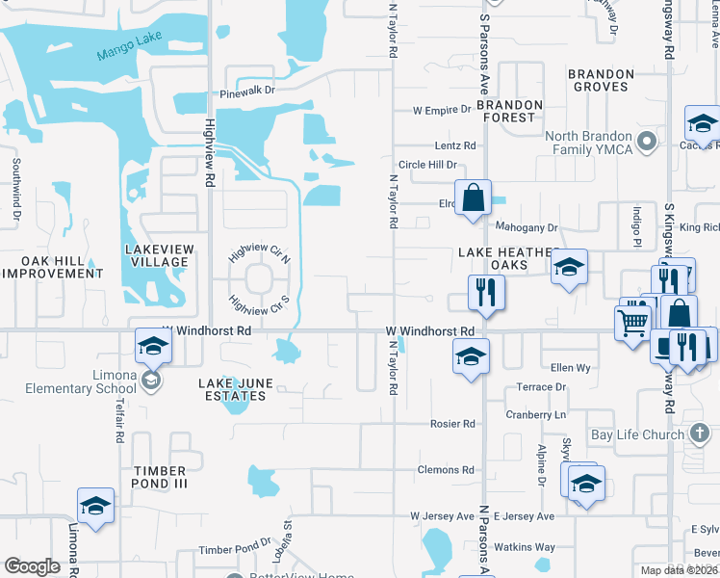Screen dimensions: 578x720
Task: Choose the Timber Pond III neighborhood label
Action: (x=160, y=477)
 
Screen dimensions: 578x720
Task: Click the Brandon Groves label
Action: (x=600, y=79)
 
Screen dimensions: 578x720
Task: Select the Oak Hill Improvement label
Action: (x=52, y=267)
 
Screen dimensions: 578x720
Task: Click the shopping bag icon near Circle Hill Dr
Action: (x=473, y=198)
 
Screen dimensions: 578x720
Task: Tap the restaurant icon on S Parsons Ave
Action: (x=485, y=292)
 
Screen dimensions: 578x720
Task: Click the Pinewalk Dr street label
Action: (x=247, y=92)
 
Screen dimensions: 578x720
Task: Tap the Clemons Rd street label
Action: (x=447, y=470)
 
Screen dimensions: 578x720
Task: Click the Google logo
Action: (x=32, y=566)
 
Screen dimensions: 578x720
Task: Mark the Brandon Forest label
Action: (x=509, y=111)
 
